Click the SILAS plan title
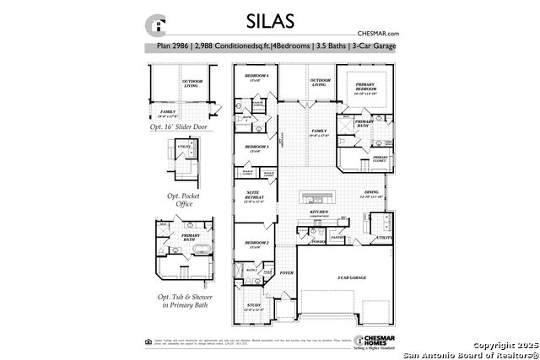(269, 19)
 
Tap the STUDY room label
(254, 306)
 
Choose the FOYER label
(287, 273)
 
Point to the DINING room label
(372, 193)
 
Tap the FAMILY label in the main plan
(318, 132)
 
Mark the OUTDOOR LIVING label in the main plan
(318, 83)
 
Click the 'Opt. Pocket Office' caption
(179, 199)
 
